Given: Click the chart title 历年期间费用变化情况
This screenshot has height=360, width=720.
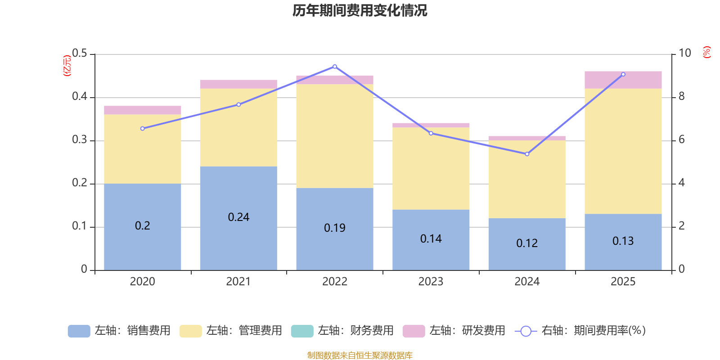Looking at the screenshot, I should tap(360, 10).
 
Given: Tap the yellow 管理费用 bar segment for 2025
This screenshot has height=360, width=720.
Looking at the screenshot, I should tap(623, 151).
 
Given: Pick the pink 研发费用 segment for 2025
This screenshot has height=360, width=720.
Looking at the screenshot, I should tap(623, 80).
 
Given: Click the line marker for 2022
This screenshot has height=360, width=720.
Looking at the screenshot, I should tap(335, 67).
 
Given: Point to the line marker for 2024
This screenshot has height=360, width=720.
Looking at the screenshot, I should tap(527, 154).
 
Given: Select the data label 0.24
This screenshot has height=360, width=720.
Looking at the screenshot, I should tap(238, 217).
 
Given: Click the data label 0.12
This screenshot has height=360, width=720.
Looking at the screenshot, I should tap(527, 243).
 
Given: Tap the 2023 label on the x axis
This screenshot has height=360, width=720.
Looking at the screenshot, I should tap(431, 282).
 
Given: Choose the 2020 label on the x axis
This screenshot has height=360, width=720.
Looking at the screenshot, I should tap(142, 282).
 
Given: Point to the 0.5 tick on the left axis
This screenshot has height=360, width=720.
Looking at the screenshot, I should tap(80, 54).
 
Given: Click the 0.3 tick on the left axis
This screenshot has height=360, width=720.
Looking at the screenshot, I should tap(80, 140).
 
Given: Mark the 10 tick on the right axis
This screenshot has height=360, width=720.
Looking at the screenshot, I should tap(684, 53).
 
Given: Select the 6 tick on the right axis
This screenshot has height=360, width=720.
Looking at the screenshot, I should tap(681, 139).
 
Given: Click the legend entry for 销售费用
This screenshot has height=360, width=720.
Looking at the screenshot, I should tap(119, 331).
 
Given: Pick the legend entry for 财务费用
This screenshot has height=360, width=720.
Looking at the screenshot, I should tap(342, 331).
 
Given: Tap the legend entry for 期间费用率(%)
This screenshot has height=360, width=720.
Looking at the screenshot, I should tap(580, 331).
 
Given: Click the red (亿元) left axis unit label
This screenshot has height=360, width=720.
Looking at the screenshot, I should tap(67, 66).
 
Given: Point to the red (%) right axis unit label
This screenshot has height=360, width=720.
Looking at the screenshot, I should tap(706, 52).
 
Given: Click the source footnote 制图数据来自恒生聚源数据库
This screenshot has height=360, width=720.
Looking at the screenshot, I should tap(360, 355).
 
